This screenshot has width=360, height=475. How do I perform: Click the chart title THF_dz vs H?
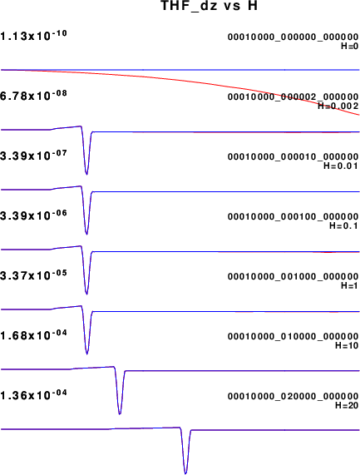(x=210, y=6)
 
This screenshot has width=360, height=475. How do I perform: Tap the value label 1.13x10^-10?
(x=33, y=36)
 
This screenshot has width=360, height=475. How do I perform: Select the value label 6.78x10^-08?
(x=33, y=95)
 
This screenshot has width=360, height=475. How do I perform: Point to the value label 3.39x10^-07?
(x=33, y=155)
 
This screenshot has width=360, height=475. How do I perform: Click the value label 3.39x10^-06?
(x=33, y=215)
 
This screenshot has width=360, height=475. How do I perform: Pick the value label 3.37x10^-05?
(x=33, y=275)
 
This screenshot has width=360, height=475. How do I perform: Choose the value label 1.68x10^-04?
(x=33, y=334)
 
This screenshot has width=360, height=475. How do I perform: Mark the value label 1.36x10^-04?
(x=33, y=394)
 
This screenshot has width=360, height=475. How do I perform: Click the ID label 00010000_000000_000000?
(x=293, y=37)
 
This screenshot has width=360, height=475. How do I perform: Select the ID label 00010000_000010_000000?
(x=293, y=157)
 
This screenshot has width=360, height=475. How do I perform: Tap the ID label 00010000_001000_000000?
(x=293, y=277)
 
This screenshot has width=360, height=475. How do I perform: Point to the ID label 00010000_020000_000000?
(x=293, y=397)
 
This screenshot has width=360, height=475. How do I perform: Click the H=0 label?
(x=350, y=46)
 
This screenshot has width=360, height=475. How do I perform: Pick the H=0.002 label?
(x=338, y=106)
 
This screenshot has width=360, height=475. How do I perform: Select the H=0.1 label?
(x=344, y=225)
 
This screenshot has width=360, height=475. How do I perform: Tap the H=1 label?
(x=350, y=285)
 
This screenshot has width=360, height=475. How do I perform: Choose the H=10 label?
(x=347, y=345)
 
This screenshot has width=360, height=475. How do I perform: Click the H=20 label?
(x=347, y=405)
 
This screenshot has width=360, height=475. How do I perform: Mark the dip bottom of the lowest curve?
(x=185, y=473)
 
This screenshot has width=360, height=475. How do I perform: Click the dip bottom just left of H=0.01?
(x=87, y=174)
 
